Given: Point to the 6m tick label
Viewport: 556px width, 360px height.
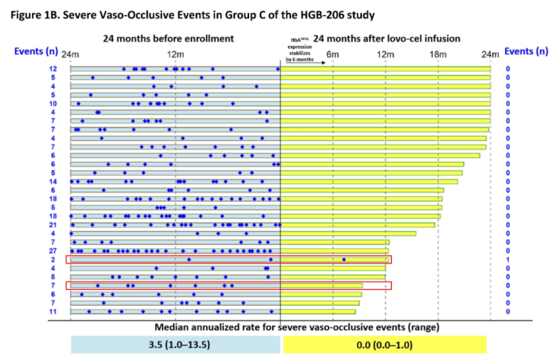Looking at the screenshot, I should (332, 52).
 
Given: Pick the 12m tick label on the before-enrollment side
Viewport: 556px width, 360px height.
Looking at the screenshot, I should (175, 52).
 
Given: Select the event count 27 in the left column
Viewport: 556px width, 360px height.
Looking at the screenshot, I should (52, 250).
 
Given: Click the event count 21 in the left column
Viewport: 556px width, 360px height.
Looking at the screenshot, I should (52, 225).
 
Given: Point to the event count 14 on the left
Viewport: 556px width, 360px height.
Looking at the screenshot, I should (52, 181).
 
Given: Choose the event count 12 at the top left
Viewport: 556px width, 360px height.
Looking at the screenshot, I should (52, 69).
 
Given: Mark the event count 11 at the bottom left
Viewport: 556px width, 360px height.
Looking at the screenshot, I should (52, 311).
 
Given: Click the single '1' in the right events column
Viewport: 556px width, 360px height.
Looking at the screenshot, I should (507, 260).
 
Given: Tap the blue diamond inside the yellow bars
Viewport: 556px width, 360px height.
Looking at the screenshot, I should (344, 260).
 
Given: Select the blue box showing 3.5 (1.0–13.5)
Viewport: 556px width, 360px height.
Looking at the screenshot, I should (175, 344).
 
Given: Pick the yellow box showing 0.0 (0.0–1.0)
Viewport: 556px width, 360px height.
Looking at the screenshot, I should (384, 344).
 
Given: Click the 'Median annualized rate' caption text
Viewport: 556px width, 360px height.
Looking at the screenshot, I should (296, 327).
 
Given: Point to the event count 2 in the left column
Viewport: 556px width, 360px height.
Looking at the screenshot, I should (53, 260).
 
